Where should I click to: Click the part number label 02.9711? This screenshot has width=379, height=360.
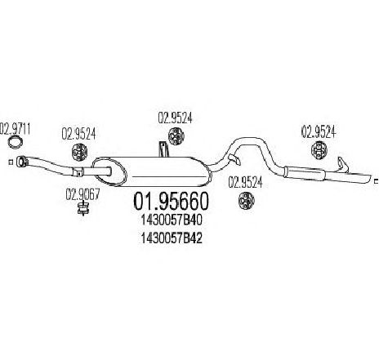coord(15,129)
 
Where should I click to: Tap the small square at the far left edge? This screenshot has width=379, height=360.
coord(11,162)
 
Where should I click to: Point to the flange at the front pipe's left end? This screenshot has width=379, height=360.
coord(21,161)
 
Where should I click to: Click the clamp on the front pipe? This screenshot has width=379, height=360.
coord(78,172)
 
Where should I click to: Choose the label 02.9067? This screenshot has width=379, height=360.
coord(82,194)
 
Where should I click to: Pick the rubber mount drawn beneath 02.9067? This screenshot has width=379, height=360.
coord(83,209)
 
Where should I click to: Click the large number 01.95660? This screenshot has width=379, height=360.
coord(171,202)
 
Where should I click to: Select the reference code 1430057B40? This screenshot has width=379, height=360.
coord(172,220)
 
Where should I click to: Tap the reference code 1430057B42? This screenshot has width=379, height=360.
coord(172,238)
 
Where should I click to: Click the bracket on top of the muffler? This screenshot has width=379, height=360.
coord(164,149)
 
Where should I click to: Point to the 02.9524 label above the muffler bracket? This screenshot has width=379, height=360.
coord(175,118)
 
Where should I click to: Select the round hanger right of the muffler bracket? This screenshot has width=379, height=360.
coord(176,136)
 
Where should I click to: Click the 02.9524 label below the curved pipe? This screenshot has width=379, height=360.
coord(245,182)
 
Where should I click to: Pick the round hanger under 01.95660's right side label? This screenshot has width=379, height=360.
coord(246,201)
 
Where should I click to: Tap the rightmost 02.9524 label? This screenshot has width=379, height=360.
coord(318,131)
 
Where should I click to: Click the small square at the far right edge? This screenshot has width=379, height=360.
coord(377,180)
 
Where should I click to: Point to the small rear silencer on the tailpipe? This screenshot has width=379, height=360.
coord(304,173)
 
